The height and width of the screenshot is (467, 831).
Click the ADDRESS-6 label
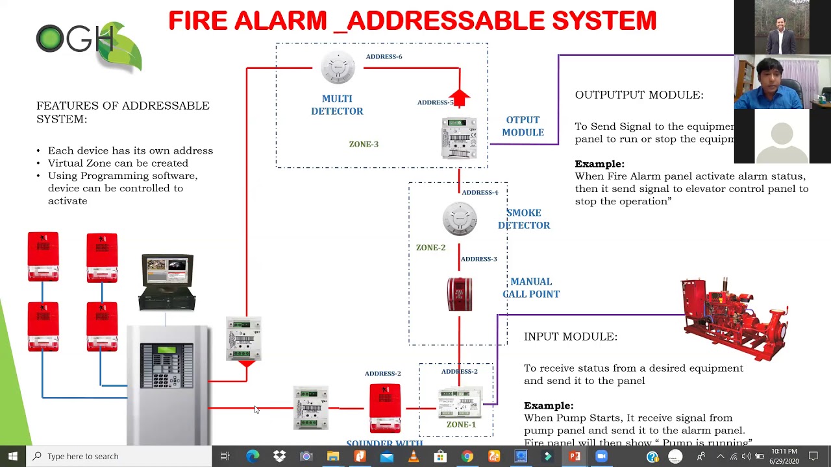[x=384, y=56]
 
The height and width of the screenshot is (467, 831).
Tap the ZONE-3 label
[x=364, y=144]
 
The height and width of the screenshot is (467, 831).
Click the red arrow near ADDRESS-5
[x=459, y=98]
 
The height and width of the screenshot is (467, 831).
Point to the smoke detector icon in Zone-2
[x=460, y=219]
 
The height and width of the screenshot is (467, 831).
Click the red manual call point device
[x=460, y=294]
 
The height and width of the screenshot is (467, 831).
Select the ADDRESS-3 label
[x=478, y=259]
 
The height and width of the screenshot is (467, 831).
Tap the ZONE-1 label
[x=461, y=424]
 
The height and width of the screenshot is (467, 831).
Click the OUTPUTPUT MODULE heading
[x=639, y=95]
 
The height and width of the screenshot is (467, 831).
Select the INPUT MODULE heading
[x=570, y=337]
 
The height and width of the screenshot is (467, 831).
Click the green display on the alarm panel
[x=166, y=350]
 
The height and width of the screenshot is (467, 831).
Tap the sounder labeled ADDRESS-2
[x=385, y=407]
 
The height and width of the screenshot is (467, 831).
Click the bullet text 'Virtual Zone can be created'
[x=118, y=163]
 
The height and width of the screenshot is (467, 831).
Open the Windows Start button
[x=12, y=456]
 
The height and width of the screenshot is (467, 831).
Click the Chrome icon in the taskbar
[x=467, y=457]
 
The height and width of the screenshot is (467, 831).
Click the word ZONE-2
[x=430, y=248]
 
